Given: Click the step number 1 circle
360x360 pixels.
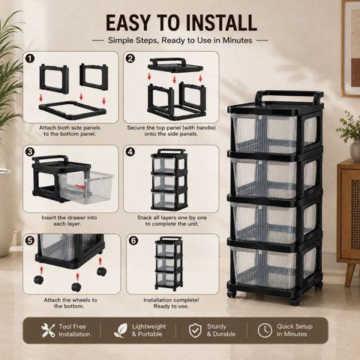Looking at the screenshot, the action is click(30, 59).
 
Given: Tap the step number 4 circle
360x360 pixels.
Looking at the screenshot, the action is click(130, 151).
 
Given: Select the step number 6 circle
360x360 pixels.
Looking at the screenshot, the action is click(133, 241).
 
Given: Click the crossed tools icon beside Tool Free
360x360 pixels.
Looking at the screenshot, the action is click(48, 330).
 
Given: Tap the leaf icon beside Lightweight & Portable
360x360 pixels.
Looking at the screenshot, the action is click(121, 330).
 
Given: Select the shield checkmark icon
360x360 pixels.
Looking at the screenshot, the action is click(195, 330).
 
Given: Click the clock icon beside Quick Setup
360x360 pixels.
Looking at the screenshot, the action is click(265, 330).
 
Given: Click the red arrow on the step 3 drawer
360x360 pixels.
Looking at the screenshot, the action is click(80, 187).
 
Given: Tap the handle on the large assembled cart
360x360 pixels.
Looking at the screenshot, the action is click(289, 96).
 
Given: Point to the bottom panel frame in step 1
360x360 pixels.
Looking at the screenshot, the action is click(73, 110).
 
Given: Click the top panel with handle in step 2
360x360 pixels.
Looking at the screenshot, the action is click(175, 65).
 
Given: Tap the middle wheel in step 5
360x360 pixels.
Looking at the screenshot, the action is click(76, 287).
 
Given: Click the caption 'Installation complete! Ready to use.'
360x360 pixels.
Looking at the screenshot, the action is click(171, 303).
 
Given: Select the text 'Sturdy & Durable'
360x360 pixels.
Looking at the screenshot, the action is click(221, 330).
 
